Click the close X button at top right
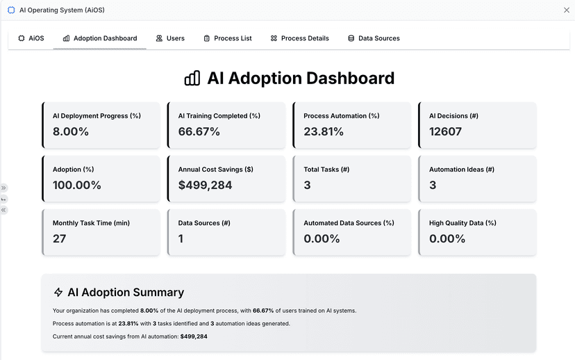tap(566, 10)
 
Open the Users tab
tap(170, 38)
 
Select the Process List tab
tap(228, 38)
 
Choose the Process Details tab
tap(299, 38)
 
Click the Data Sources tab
tap(374, 38)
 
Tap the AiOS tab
tap(31, 38)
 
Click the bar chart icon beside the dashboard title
tap(192, 79)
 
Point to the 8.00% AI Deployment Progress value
tap(71, 131)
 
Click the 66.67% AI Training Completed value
tap(199, 131)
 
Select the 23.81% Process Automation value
tap(324, 131)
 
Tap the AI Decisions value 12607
tap(445, 131)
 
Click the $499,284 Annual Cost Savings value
tap(205, 185)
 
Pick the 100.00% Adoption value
tap(77, 185)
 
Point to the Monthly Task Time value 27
tap(60, 238)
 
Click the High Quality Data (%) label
tap(462, 223)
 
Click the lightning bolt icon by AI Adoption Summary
tap(58, 293)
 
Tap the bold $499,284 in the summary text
tap(194, 336)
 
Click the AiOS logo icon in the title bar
tap(11, 10)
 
